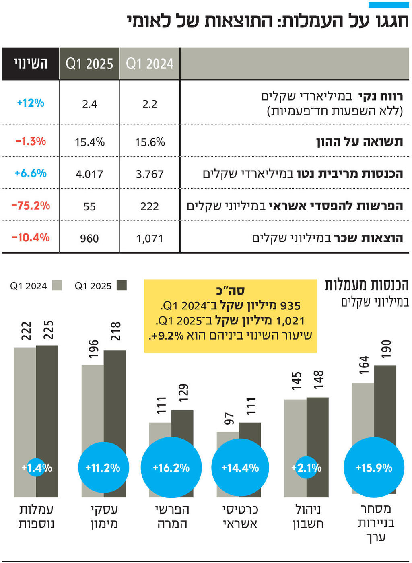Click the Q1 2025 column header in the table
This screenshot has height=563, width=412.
(89, 64)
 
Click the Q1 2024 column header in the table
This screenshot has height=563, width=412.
(150, 64)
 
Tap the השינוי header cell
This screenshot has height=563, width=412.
(31, 64)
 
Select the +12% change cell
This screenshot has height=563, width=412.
(31, 103)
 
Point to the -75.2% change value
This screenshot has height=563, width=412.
(31, 206)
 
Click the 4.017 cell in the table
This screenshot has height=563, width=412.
(89, 174)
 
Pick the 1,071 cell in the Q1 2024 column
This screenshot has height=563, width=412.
(150, 239)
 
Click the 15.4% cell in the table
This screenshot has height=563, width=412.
(89, 142)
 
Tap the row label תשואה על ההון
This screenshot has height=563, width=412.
(359, 142)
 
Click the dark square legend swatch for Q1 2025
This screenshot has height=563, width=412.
(122, 285)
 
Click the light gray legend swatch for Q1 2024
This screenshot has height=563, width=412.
(57, 285)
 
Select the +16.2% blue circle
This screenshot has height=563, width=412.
(171, 468)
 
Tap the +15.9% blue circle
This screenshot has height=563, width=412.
(374, 468)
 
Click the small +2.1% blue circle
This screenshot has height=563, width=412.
(307, 468)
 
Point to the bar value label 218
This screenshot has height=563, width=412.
(115, 331)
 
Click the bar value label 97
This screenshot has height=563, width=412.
(229, 419)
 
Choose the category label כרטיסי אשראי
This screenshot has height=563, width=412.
(240, 516)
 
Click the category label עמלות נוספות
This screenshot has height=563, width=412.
(36, 516)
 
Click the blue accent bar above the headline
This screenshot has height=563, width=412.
(389, 5)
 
